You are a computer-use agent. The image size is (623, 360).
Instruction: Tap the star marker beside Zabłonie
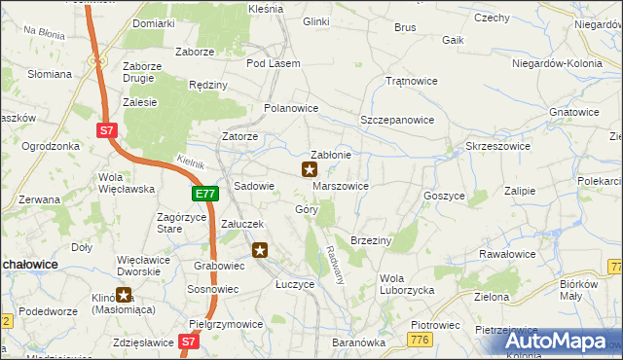point(310,169)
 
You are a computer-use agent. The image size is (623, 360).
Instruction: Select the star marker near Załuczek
point(260,251)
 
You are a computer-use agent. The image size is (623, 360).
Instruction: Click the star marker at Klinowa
point(124,295)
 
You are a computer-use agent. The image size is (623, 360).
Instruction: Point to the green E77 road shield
point(204,195)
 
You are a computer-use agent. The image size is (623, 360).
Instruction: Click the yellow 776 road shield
point(421,338)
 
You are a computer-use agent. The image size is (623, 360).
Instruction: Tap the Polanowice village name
point(291,108)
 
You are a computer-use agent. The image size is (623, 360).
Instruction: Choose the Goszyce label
point(444,195)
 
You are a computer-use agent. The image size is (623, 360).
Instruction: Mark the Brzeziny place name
point(371,239)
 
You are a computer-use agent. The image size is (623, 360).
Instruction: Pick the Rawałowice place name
point(504,254)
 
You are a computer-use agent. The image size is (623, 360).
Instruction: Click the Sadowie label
point(255,185)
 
